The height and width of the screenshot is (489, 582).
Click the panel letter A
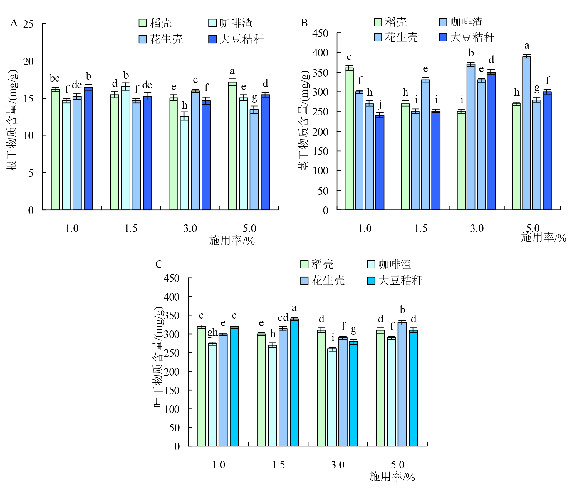pyautogui.click(x=14, y=23)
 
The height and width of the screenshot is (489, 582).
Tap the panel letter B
pyautogui.click(x=304, y=23)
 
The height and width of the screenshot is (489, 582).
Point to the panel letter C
pyautogui.click(x=159, y=264)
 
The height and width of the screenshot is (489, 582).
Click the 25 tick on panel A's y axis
pyautogui.click(x=28, y=24)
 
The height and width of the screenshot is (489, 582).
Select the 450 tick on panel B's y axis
pyautogui.click(x=320, y=33)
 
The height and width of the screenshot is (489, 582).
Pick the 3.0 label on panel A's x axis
pyautogui.click(x=190, y=228)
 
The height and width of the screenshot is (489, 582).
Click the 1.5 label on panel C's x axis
pyautogui.click(x=278, y=465)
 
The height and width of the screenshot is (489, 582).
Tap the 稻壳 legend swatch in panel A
pyautogui.click(x=142, y=23)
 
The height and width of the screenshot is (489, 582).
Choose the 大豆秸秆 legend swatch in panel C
pyautogui.click(x=371, y=280)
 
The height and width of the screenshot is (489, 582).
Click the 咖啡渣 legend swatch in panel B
pyautogui.click(x=443, y=22)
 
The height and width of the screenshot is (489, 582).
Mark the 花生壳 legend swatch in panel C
pyautogui.click(x=304, y=280)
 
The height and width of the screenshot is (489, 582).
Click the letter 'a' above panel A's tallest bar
pyautogui.click(x=232, y=71)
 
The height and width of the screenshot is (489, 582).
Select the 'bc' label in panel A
pyautogui.click(x=55, y=78)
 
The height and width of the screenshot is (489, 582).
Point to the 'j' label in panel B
pyautogui.click(x=380, y=105)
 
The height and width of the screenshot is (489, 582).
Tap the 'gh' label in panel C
pyautogui.click(x=212, y=332)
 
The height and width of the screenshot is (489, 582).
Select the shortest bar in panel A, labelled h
pyautogui.click(x=184, y=163)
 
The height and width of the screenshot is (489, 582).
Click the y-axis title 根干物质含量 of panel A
pyautogui.click(x=12, y=120)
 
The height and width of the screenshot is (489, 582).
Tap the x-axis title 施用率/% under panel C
pyautogui.click(x=392, y=476)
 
